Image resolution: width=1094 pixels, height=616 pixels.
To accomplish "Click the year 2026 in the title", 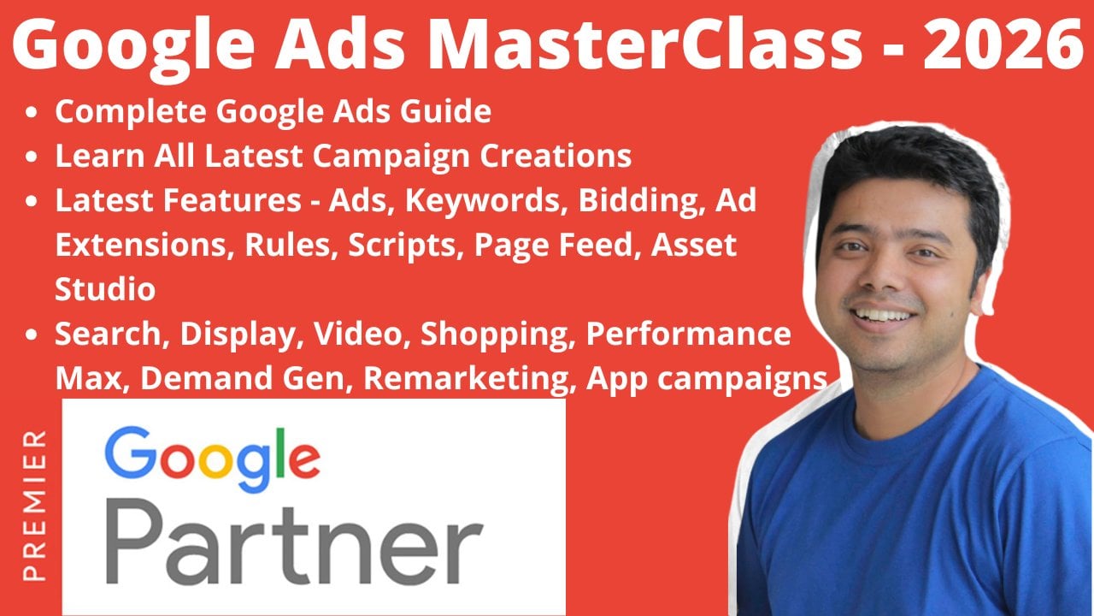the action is [1003, 44].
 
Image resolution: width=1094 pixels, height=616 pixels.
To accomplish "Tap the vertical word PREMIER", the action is [35, 506].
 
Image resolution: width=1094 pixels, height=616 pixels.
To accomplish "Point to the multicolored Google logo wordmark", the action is [212, 459].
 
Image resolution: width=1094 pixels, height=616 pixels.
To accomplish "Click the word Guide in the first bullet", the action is [446, 111].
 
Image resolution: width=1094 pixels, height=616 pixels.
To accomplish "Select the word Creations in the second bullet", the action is [556, 156].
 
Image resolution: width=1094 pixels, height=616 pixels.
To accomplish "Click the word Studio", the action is [105, 289].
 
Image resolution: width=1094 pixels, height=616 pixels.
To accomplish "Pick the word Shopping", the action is [497, 335].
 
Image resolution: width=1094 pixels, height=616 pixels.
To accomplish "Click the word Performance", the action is [688, 334].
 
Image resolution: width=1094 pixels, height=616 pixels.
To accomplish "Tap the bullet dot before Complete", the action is [32, 112].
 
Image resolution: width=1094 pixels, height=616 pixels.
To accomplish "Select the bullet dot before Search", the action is [32, 335].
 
